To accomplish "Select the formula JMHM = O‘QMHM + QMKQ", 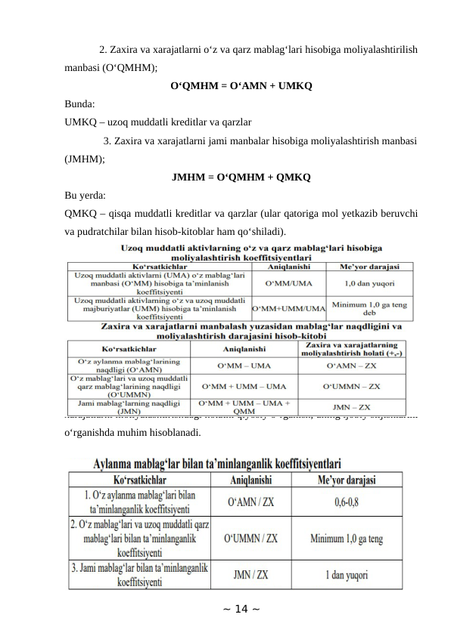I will click(x=241, y=178).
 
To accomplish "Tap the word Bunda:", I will click(x=80, y=104).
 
